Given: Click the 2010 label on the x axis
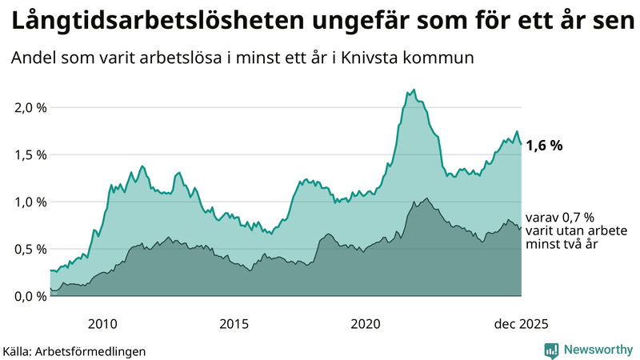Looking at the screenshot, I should tap(102, 323).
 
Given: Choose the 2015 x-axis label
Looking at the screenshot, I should tap(234, 323).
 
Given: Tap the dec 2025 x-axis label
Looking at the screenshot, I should tap(521, 323).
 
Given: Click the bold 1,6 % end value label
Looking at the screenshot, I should tap(545, 146).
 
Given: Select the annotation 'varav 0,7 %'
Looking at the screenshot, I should tap(560, 218).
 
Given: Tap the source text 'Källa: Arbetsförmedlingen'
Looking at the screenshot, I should tap(74, 350).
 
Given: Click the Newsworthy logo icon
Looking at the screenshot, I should tap(551, 350).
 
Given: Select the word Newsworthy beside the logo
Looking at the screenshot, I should tap(598, 350).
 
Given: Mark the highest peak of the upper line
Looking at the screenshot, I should tap(414, 90).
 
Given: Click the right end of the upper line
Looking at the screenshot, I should tap(521, 144).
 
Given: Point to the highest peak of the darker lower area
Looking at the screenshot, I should tap(427, 198).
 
